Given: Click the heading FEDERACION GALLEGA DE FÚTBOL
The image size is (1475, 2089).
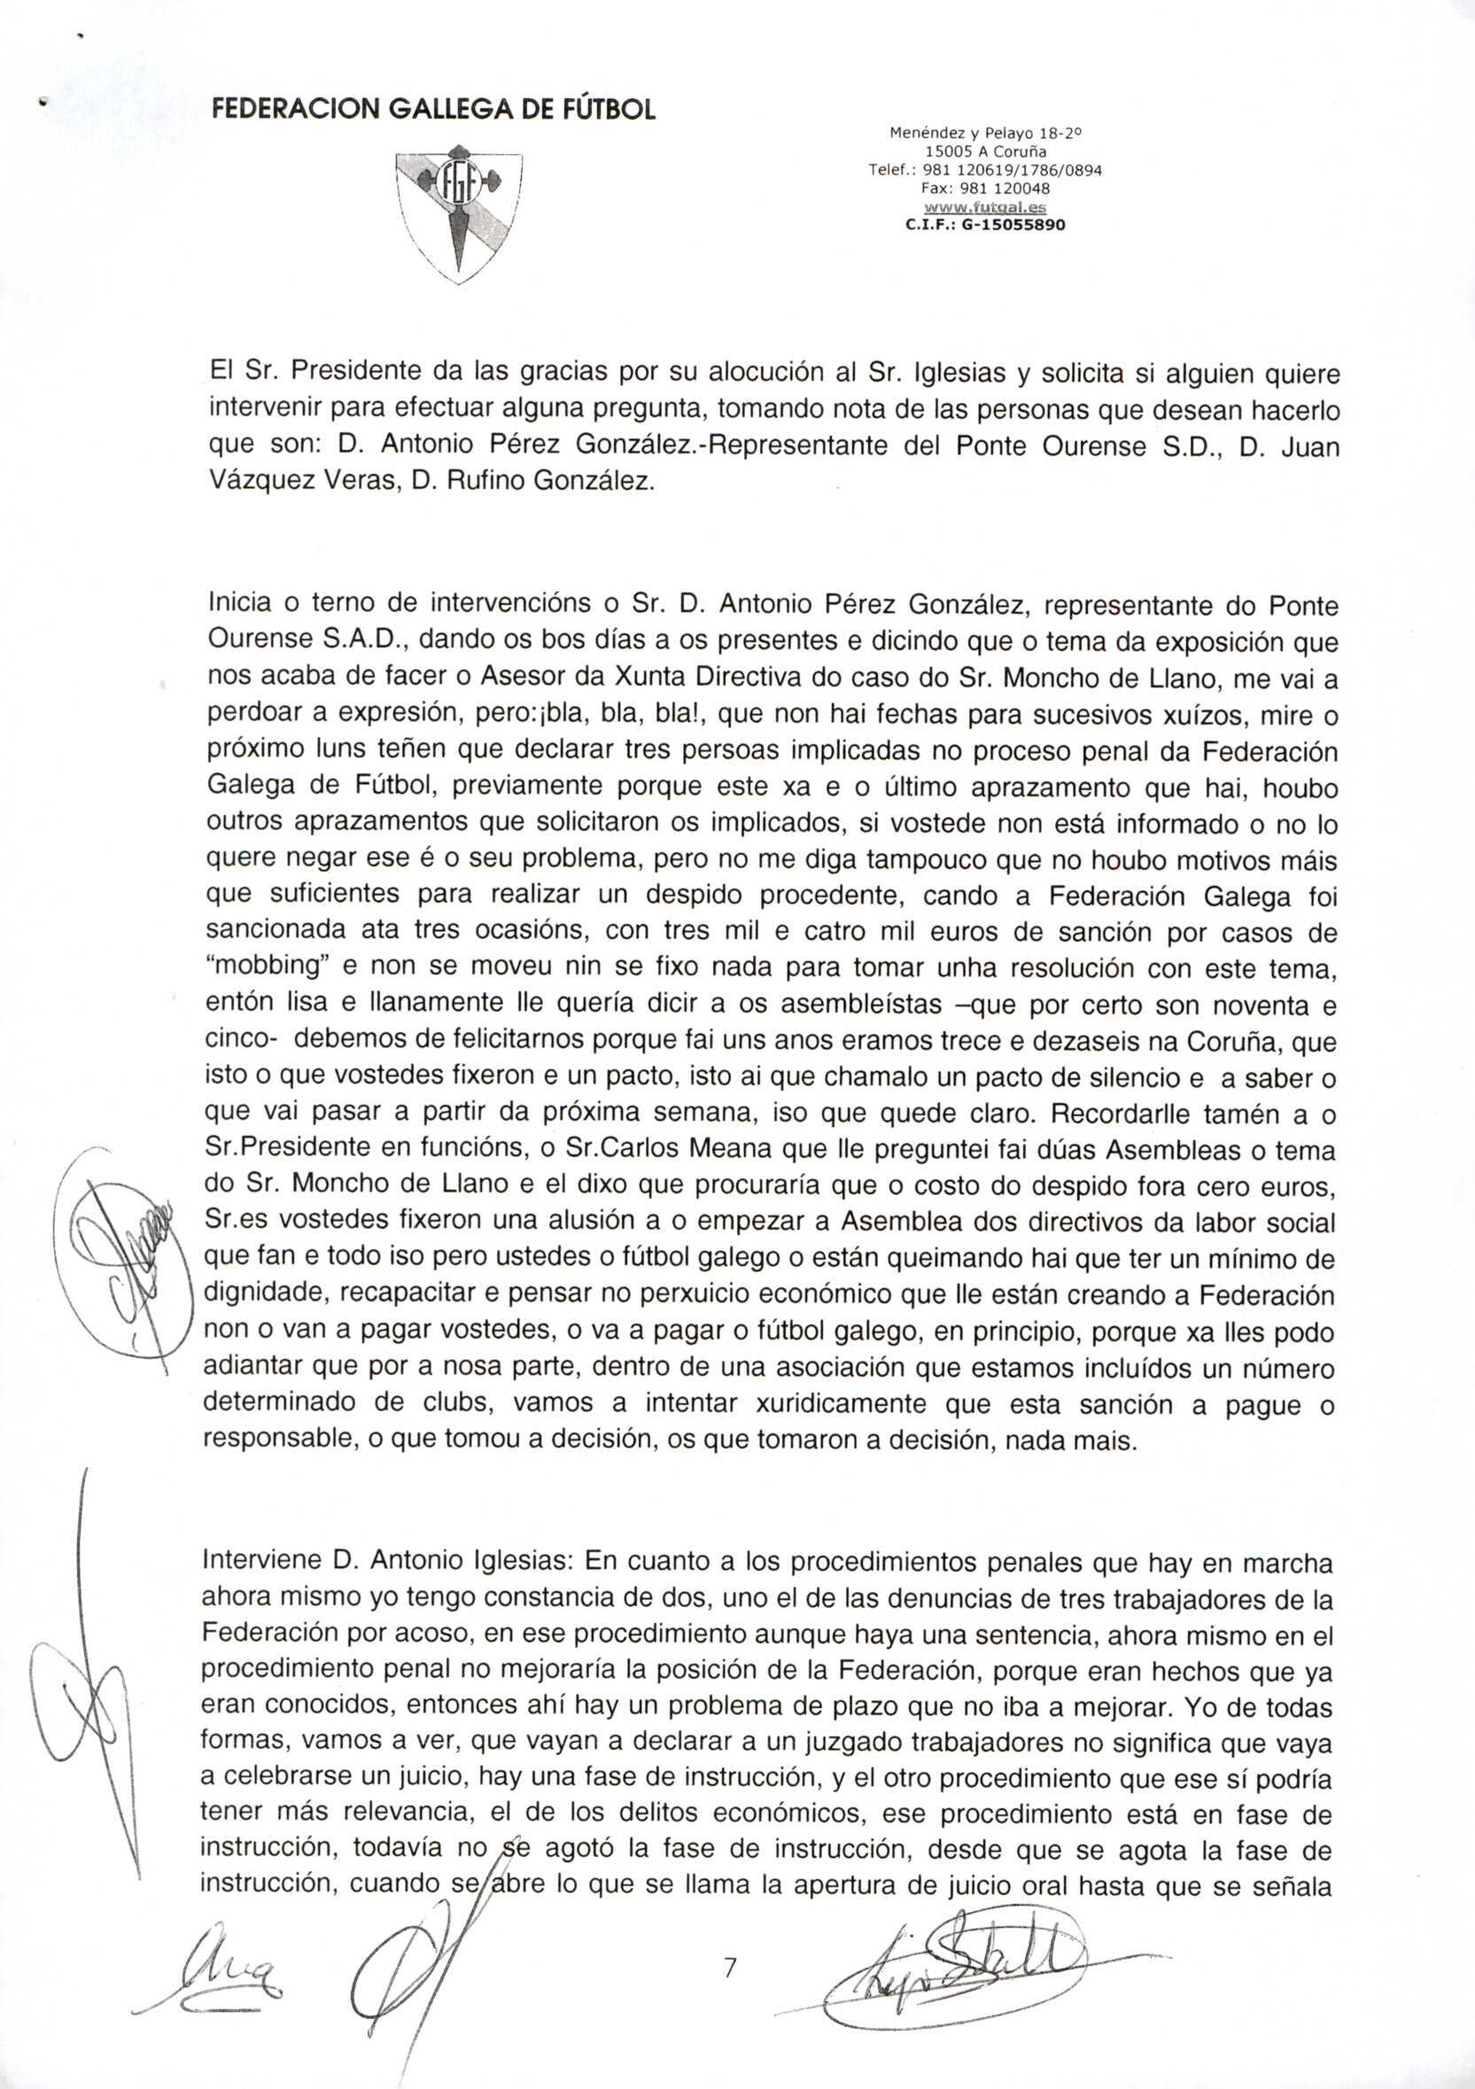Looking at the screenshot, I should pyautogui.click(x=433, y=109).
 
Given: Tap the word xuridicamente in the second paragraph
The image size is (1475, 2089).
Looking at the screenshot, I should pyautogui.click(x=843, y=1405).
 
